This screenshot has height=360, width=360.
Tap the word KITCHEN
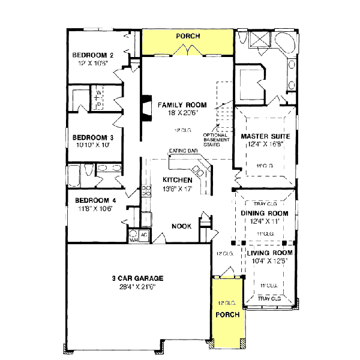click(178, 180)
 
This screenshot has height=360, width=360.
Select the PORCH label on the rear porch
click(187, 37)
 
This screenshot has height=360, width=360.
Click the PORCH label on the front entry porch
click(227, 315)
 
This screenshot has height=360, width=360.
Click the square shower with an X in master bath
click(259, 40)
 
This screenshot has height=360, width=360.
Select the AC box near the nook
click(145, 234)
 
